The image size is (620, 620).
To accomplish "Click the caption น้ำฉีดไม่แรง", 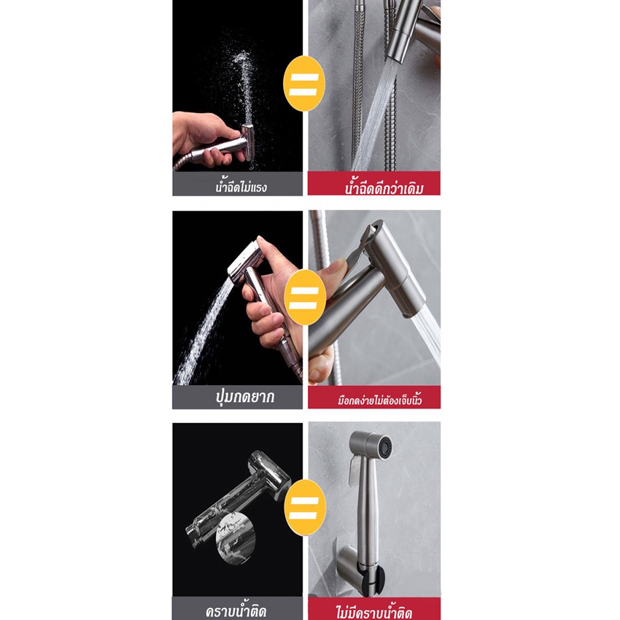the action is (241, 187).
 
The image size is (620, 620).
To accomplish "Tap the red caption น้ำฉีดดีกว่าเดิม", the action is (384, 187).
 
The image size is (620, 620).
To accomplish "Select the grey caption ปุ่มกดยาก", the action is (245, 397).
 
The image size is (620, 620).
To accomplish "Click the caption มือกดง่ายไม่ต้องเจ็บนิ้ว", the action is (379, 400).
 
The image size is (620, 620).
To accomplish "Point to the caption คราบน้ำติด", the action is (236, 611).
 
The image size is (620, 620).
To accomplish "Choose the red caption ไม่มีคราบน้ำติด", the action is (374, 612).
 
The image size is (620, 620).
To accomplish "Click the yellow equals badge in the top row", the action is (303, 84).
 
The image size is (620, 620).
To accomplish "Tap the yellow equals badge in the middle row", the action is (305, 298).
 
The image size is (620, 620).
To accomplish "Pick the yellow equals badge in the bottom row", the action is (305, 508).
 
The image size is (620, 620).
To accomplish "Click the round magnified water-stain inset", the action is (236, 538).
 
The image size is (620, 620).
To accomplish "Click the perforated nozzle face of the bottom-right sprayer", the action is (384, 447).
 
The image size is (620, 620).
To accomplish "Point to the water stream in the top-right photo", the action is (376, 115).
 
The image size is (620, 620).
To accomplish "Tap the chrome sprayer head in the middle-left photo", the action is (246, 261).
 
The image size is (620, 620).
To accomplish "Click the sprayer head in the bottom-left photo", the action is (270, 473).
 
